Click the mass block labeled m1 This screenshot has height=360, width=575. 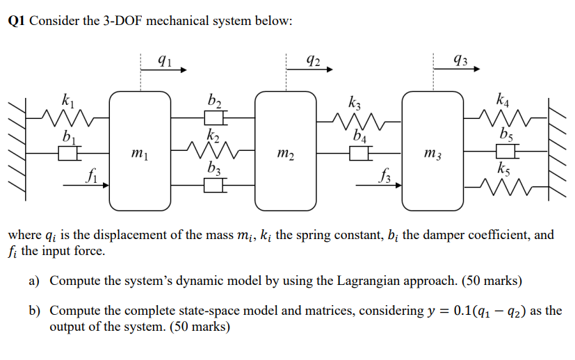point(140,151)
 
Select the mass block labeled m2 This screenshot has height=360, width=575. point(286,151)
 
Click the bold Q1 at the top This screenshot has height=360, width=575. point(17,20)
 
